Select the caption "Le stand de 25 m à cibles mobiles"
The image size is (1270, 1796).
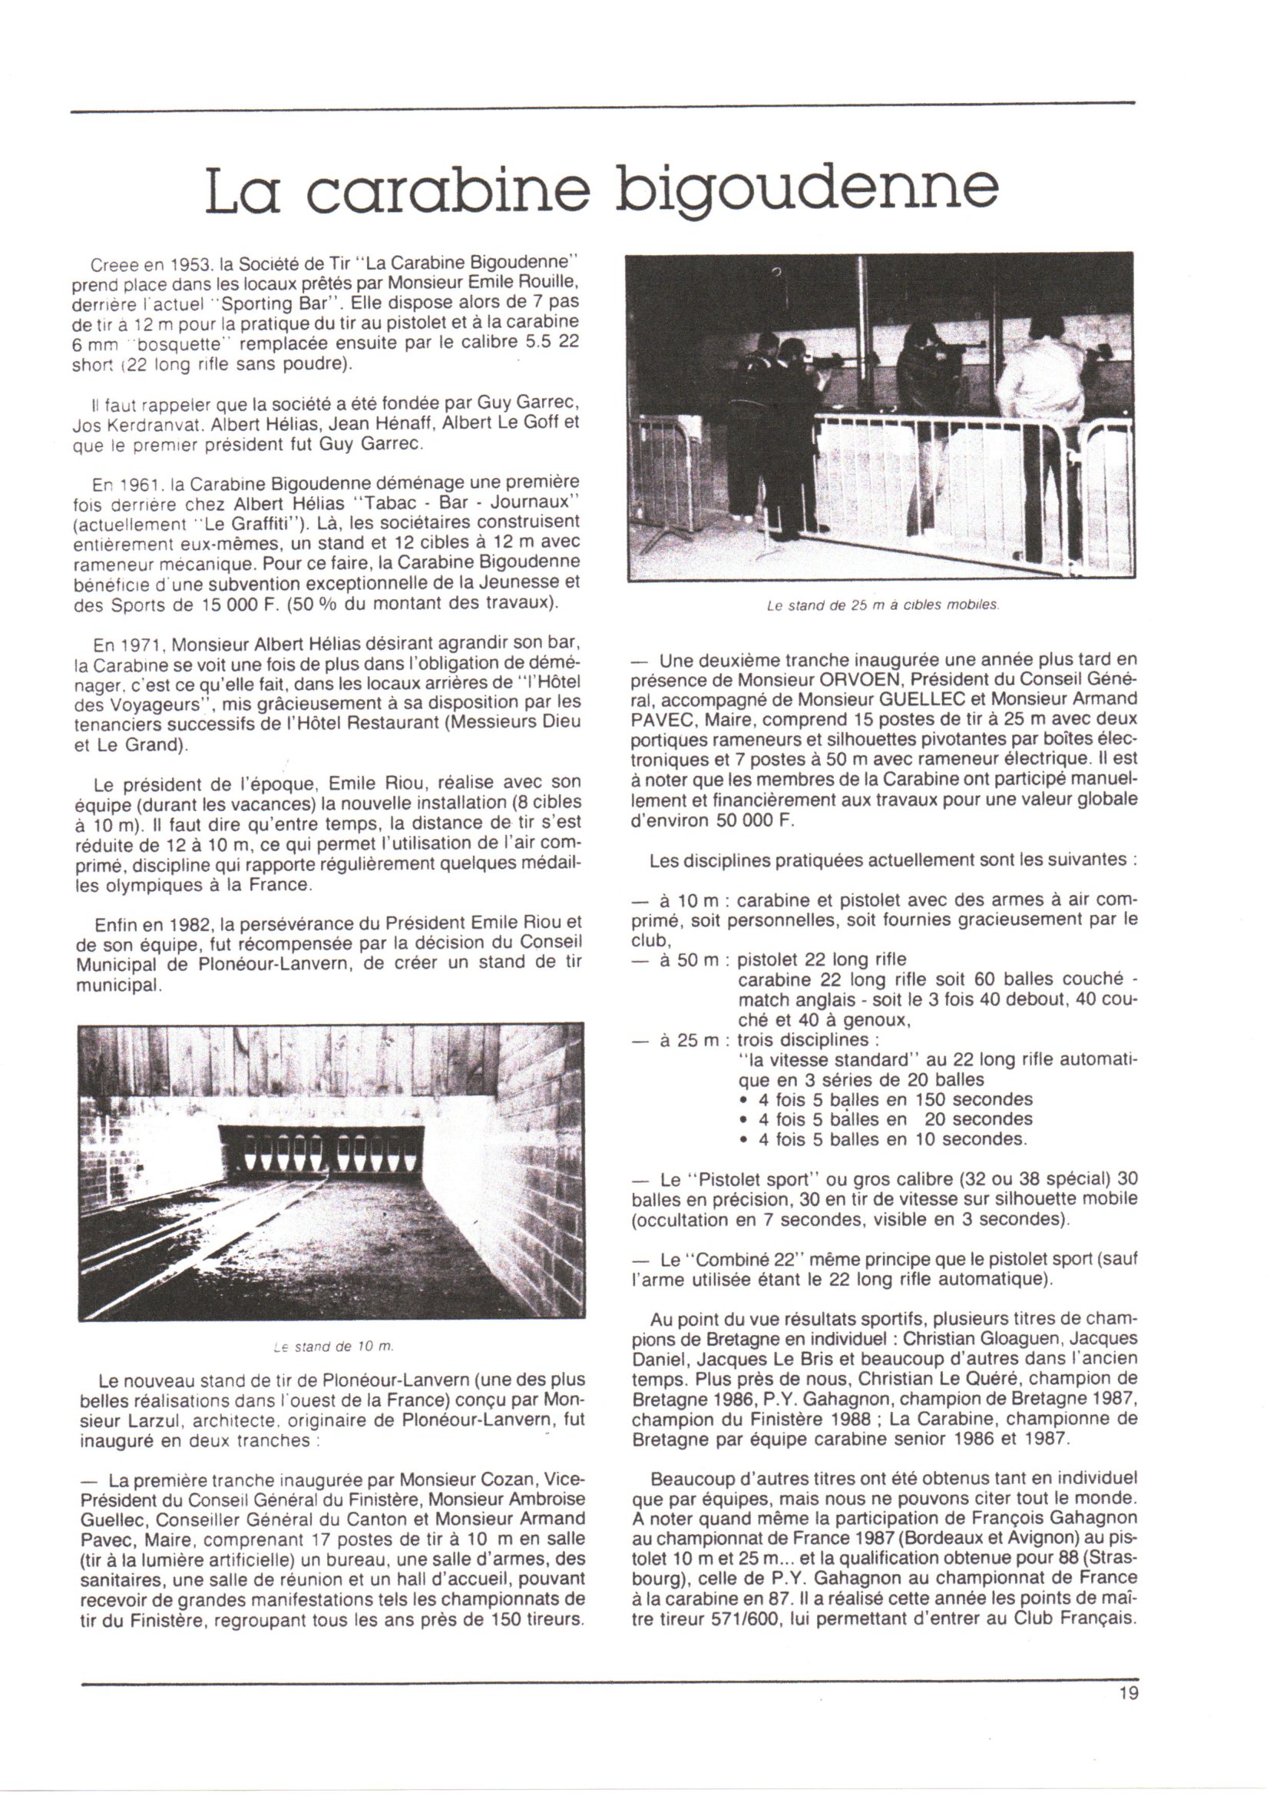(x=883, y=605)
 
